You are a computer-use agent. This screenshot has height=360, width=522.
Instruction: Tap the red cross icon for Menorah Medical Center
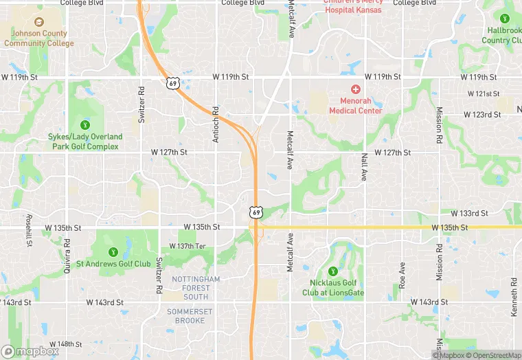click(x=355, y=89)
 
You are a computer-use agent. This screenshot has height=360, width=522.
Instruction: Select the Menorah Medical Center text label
click(x=355, y=106)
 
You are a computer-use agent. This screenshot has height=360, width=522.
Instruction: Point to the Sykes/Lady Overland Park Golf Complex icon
click(x=84, y=125)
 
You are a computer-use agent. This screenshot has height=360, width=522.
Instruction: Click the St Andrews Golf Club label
click(x=113, y=264)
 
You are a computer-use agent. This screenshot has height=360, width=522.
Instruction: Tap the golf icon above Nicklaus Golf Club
click(x=333, y=271)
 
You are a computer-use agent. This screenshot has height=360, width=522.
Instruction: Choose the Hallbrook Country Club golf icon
click(x=506, y=19)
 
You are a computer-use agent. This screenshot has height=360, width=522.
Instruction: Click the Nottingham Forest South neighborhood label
click(x=196, y=288)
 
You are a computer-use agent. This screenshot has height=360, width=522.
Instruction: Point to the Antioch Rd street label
click(x=215, y=124)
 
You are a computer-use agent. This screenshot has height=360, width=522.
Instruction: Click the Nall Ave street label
click(x=364, y=167)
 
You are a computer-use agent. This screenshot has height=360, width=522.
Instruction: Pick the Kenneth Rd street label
click(x=513, y=297)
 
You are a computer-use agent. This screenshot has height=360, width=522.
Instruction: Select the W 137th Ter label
click(x=188, y=246)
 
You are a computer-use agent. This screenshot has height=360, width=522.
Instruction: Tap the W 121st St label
click(x=484, y=93)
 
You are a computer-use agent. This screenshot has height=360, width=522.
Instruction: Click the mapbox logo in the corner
click(x=30, y=351)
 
